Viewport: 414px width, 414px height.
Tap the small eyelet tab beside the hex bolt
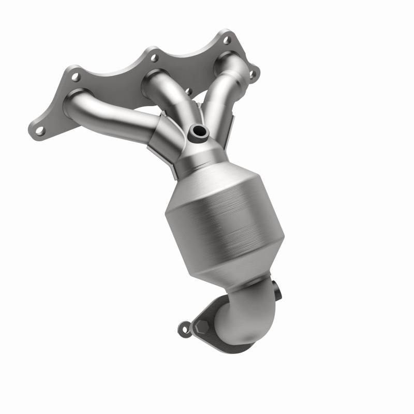pos(183,328)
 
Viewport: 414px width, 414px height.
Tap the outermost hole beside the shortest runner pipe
pos(253,74)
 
